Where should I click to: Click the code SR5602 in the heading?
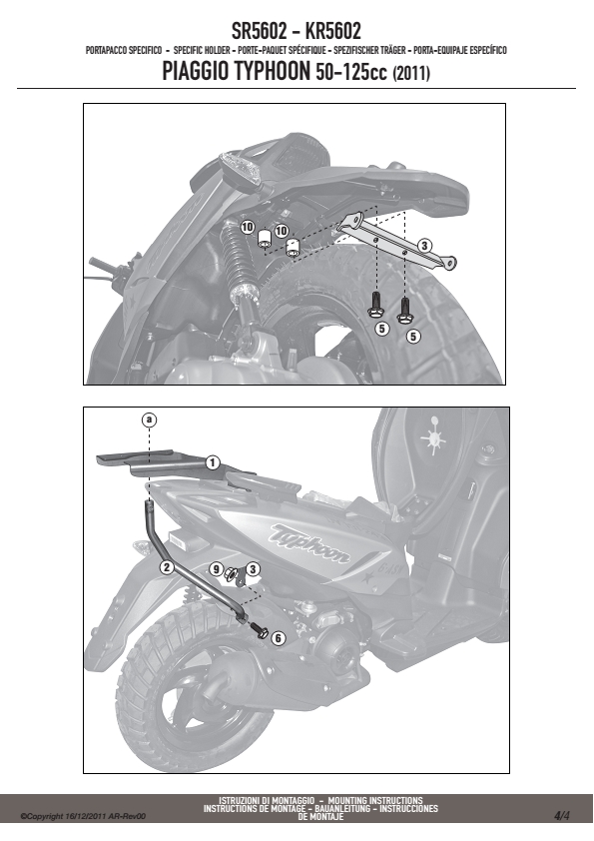coord(259,31)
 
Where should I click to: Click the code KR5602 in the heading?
coord(332,31)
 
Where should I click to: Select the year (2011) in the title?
coord(411,74)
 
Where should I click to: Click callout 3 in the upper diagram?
coord(424,246)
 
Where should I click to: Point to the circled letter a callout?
coord(149,420)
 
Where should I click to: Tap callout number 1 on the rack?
coord(213,462)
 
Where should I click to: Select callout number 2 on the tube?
coord(168,566)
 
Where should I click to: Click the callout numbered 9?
coord(216,568)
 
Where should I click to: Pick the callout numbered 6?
coord(278,638)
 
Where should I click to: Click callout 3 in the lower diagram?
coord(253,568)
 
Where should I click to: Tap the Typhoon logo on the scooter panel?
coord(309,544)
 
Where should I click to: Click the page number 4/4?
coord(562,816)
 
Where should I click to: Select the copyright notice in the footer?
coord(83,817)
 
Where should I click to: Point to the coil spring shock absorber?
coord(237,258)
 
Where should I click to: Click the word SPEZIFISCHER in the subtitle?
coord(356,50)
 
